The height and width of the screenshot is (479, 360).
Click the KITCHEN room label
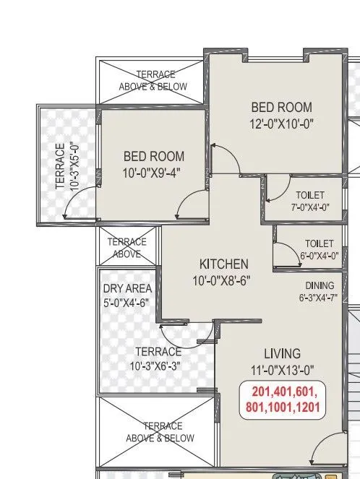[223, 264]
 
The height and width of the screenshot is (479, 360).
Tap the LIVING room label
[282, 353]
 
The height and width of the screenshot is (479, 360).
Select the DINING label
[319, 285]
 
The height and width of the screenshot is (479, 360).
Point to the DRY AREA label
[127, 288]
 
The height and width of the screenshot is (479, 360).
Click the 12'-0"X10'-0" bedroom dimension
[281, 124]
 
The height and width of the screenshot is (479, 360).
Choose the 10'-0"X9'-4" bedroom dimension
[153, 172]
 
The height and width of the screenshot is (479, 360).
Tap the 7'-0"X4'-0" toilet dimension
[309, 207]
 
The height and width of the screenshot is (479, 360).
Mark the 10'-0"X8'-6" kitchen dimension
[223, 280]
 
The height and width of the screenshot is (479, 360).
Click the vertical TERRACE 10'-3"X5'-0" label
[66, 165]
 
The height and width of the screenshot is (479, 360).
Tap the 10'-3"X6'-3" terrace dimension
[158, 366]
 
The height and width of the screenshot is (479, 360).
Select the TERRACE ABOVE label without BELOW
[127, 248]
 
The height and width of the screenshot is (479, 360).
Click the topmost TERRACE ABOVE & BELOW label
[153, 80]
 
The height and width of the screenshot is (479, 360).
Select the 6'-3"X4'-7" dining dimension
[319, 297]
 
